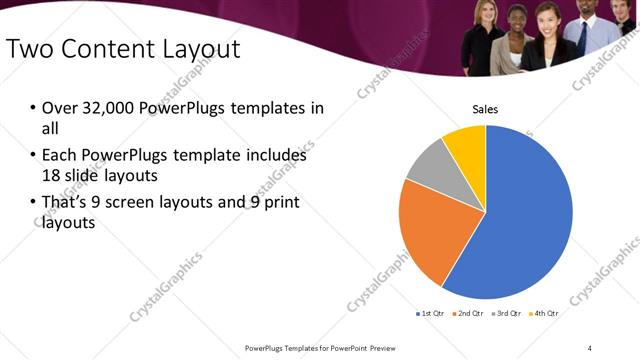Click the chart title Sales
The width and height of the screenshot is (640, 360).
[x=485, y=109]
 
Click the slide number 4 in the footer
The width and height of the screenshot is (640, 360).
[x=590, y=347]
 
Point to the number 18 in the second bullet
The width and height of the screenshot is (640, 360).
[x=53, y=174]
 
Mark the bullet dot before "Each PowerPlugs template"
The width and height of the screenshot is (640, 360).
[x=33, y=156]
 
